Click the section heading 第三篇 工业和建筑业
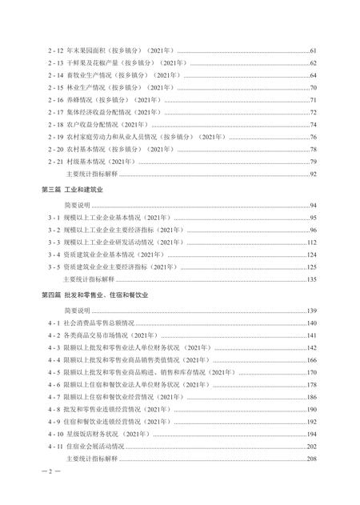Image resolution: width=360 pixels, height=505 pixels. [74, 189]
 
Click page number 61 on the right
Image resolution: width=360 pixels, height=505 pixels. [314, 50]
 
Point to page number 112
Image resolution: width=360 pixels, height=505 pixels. [312, 242]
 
